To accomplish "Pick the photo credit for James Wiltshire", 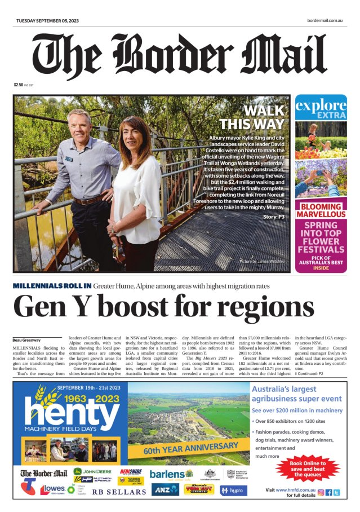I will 262,262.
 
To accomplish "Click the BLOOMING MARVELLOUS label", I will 321,211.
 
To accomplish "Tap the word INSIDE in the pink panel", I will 321,268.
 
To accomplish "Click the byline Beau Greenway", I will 26,340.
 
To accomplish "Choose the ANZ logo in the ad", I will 165,489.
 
